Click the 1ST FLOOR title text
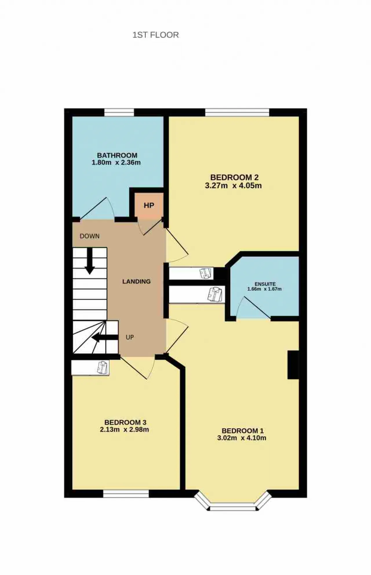(156, 35)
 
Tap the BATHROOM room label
(117, 155)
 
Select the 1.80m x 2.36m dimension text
(116, 163)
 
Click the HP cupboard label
(149, 205)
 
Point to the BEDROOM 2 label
(234, 177)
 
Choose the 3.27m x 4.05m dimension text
(233, 185)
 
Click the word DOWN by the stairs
(90, 236)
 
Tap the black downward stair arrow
(90, 261)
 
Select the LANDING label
(137, 281)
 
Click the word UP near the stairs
(130, 337)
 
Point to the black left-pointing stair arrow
(105, 337)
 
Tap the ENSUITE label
(265, 284)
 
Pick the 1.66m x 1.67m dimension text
(264, 289)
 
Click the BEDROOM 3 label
(125, 422)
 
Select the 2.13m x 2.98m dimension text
(124, 430)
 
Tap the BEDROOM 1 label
(243, 431)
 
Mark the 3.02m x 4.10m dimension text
(242, 438)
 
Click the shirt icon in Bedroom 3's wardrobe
(103, 367)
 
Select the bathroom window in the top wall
(119, 112)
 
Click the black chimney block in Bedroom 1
(293, 365)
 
